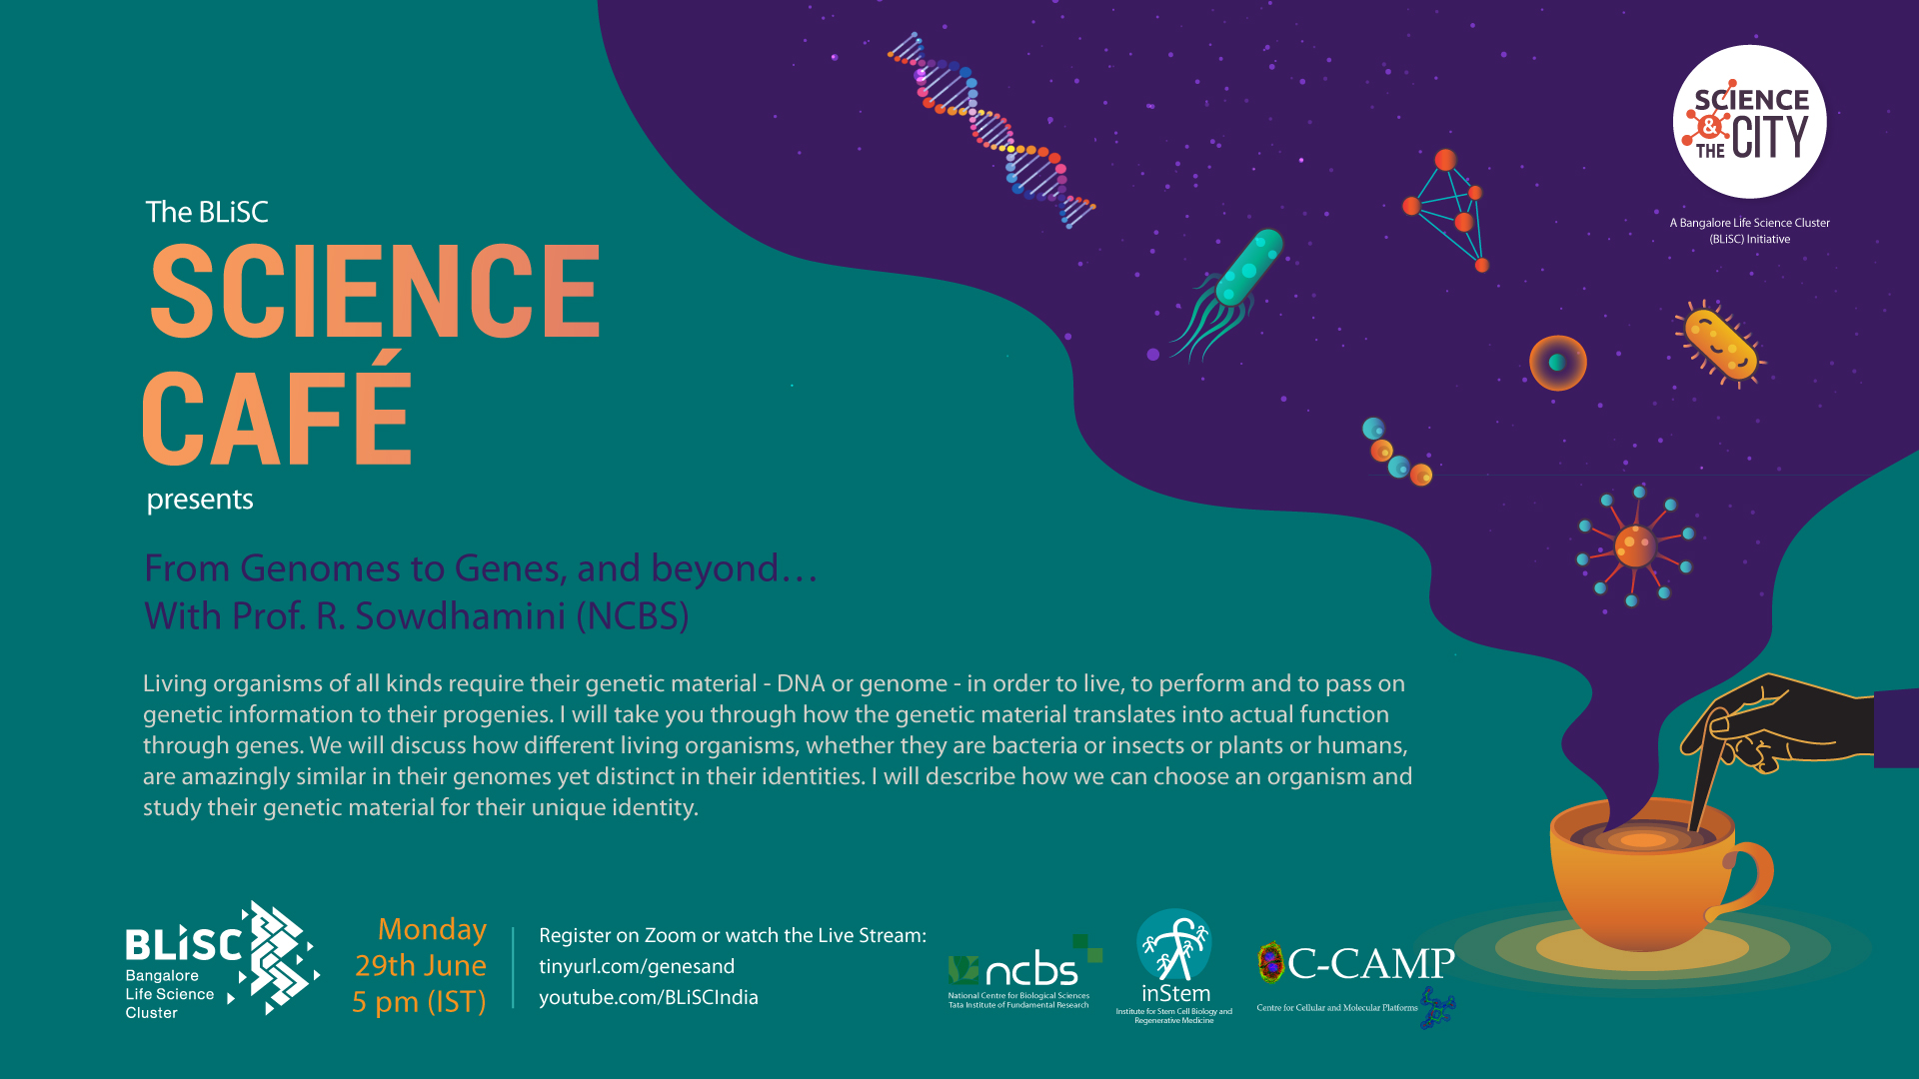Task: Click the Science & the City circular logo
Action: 1749,122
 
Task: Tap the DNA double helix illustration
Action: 991,130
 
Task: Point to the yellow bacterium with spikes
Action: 1720,344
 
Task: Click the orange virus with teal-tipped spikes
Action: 1635,545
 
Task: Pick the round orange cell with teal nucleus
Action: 1557,363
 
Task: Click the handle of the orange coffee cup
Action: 1744,879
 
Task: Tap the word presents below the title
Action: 200,500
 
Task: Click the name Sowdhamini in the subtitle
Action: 461,615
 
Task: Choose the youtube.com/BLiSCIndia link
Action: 649,997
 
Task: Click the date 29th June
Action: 421,965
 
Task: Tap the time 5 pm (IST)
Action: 419,1002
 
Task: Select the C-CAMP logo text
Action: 1370,963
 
